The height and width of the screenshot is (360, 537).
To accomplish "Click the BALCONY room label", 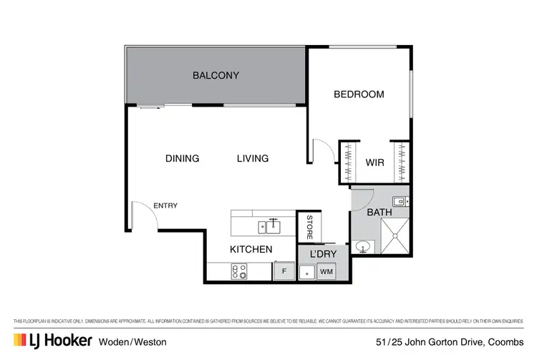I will coord(216,75).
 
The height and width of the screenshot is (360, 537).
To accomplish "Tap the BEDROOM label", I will coord(359,94).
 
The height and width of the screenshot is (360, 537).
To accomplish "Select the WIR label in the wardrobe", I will coord(374,162).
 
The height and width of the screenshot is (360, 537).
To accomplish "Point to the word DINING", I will coord(182,158).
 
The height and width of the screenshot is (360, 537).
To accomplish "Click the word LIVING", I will coord(253,158).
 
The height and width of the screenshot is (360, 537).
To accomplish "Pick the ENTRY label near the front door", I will coord(165,206).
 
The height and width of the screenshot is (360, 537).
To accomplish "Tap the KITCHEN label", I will coord(251,250).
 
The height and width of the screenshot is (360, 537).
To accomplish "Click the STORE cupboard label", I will coord(309,227).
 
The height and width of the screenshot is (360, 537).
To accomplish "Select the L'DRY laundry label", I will coord(323,255).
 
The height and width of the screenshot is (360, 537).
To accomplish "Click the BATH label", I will coord(379,213).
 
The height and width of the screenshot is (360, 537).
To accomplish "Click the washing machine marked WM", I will coord(326,272).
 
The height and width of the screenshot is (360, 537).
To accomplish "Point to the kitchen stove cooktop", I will coord(238,272).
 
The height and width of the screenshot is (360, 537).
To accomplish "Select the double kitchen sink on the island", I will coord(270,227).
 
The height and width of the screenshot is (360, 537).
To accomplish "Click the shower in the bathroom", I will coord(393,237).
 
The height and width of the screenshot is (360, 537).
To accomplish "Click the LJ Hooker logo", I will coord(51,341).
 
